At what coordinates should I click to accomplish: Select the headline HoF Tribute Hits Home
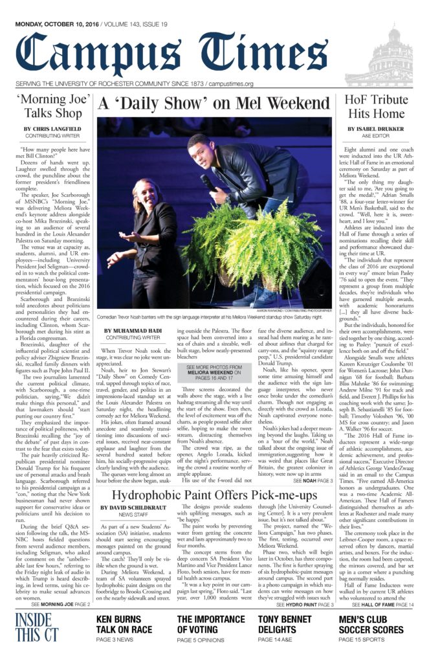coord(378,108)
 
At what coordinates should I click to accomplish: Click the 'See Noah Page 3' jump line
coord(313,481)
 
